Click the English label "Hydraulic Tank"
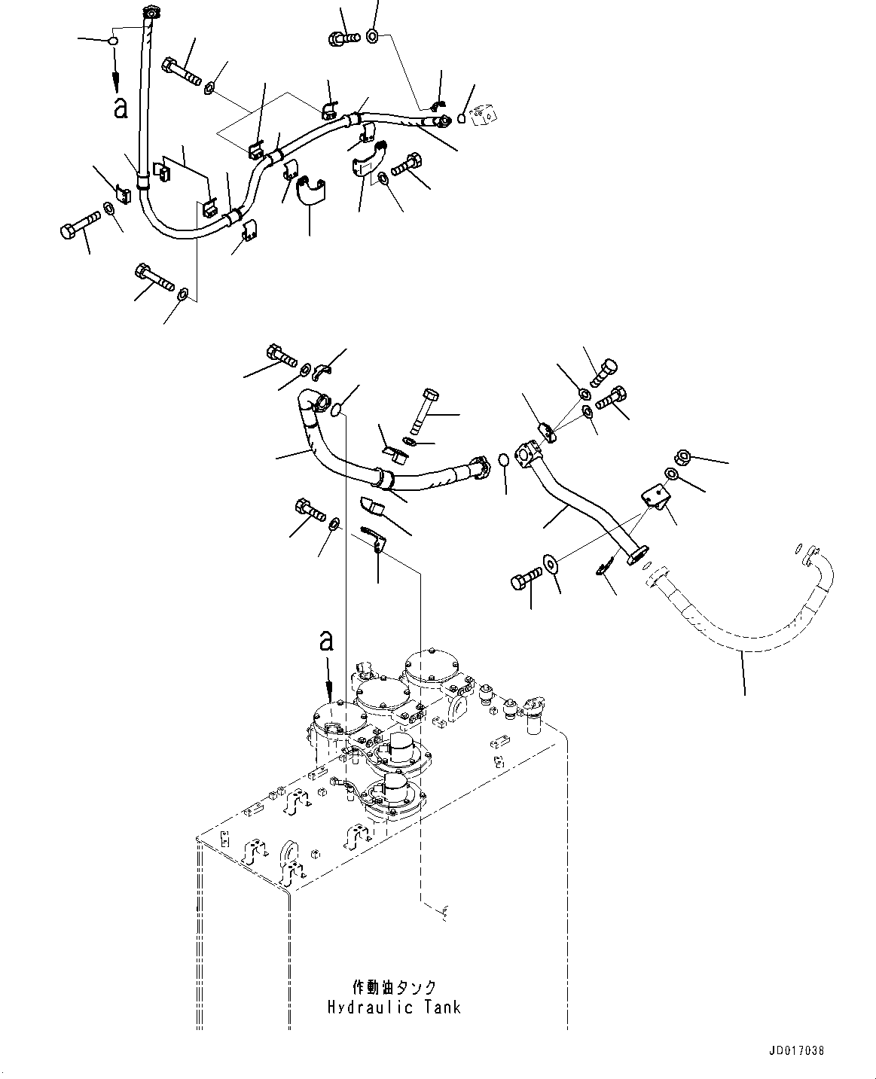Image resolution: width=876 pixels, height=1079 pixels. (x=393, y=1007)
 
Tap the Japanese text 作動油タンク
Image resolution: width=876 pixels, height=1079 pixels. (x=395, y=987)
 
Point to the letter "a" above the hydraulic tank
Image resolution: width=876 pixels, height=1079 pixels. (x=326, y=640)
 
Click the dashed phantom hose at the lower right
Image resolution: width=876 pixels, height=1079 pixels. (x=746, y=625)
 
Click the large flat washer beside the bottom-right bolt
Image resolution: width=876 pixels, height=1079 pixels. (x=551, y=565)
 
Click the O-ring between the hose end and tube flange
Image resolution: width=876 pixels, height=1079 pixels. (x=504, y=459)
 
